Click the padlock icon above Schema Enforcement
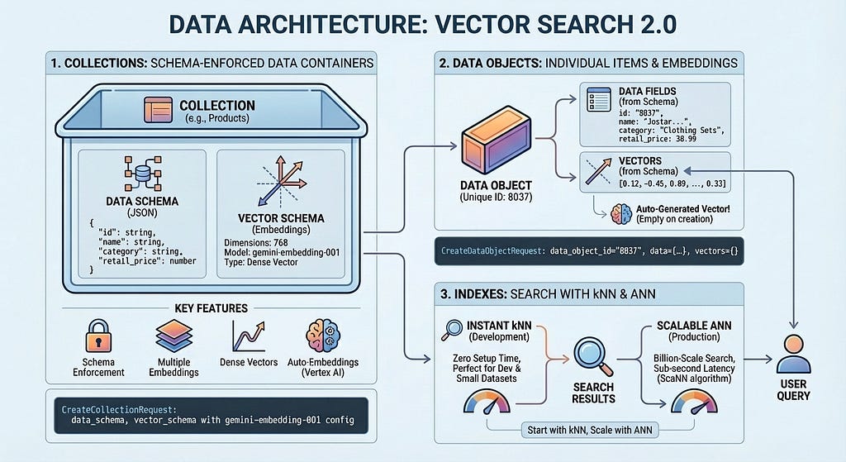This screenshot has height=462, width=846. point(99,336)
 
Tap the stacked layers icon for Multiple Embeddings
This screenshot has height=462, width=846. point(173,336)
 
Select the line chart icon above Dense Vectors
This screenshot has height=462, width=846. point(248,336)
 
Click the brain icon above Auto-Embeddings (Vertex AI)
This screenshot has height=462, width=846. point(323,336)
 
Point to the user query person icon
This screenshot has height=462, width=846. point(793,354)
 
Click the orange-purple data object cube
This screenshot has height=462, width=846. point(496,140)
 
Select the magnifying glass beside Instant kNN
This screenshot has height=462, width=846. point(452,330)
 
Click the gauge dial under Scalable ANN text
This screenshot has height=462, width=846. point(694,402)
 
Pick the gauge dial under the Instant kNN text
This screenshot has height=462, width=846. point(487,402)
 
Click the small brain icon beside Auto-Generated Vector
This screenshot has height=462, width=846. point(621,214)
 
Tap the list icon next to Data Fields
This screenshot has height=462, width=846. point(599,99)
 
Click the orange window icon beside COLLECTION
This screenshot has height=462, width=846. point(158,110)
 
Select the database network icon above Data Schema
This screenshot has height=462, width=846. point(142,174)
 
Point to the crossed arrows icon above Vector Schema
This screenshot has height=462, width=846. point(281,181)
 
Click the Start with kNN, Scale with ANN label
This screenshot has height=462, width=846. point(590,430)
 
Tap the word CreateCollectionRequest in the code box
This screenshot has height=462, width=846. point(119,410)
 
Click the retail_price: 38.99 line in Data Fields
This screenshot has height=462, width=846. point(657,139)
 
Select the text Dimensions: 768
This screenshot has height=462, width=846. point(256,243)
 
